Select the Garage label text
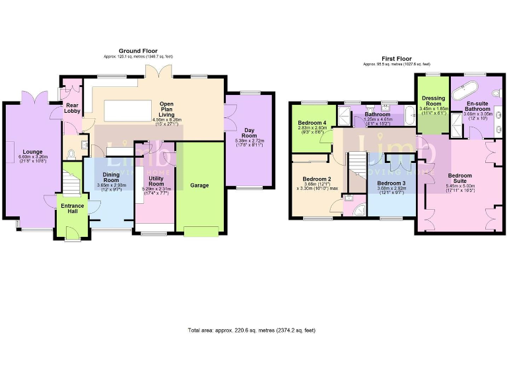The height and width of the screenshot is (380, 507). (199, 185)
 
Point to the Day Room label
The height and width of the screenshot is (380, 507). (249, 132)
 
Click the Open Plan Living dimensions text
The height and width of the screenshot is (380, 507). (162, 122)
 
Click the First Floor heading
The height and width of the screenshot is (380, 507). (396, 58)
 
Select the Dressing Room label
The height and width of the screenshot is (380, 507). (433, 100)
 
